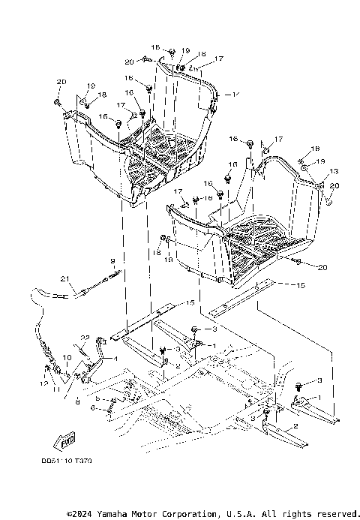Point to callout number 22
85,338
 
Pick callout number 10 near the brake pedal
66,357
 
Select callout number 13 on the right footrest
334,172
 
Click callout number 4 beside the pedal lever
115,358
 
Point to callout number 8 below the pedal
78,402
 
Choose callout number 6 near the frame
92,409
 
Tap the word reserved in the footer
335,513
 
